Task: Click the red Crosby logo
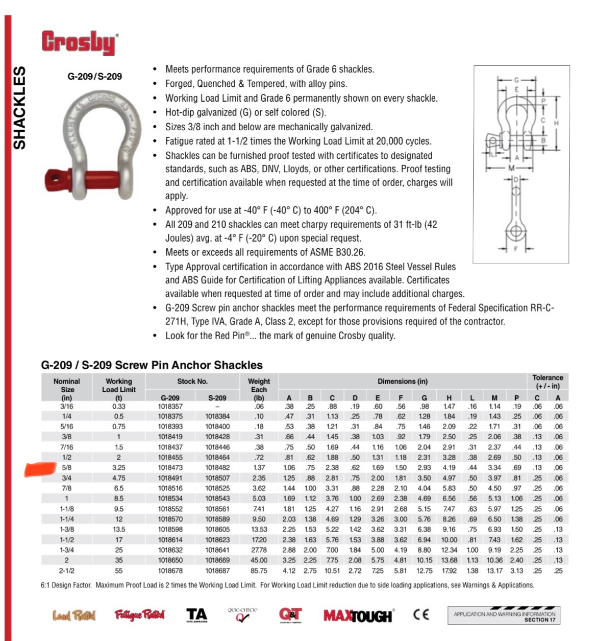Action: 80,43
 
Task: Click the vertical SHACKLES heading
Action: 19,108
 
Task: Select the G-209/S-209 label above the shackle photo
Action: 95,77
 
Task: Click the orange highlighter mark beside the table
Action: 40,468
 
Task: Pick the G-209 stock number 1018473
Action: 170,467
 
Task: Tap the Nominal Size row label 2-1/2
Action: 66,571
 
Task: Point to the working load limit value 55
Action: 119,571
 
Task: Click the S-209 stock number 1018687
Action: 217,571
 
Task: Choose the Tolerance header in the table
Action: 548,382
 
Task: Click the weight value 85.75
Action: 259,571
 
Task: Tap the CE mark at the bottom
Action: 421,614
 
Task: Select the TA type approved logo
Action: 196,615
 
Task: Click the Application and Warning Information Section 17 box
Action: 504,616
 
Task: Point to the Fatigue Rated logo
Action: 139,615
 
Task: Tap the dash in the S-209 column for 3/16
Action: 217,407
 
